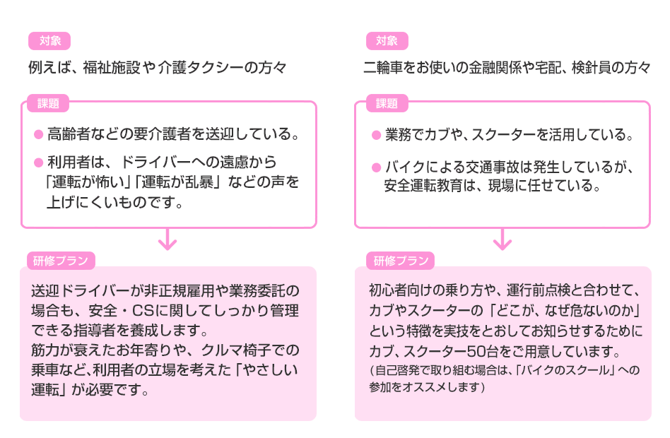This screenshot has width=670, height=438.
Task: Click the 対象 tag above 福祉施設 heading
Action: point(49,41)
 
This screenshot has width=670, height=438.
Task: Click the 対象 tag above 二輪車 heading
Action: point(387,41)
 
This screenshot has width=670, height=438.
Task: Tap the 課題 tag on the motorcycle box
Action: point(387,104)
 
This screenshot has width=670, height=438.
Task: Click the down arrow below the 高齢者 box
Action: point(167,240)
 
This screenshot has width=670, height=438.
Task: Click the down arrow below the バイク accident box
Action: point(502,240)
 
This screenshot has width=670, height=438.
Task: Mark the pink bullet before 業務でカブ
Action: point(377,134)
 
